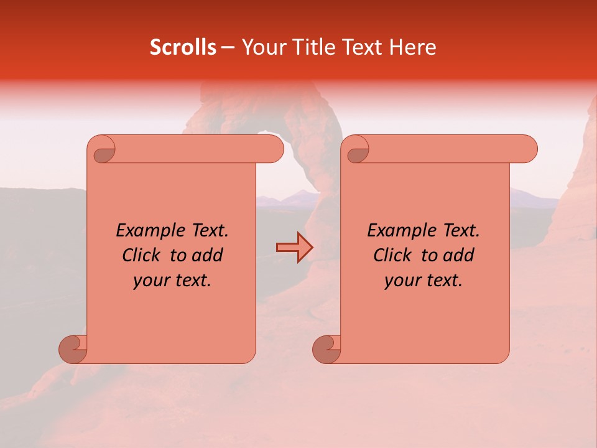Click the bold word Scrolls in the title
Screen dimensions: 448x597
(x=183, y=47)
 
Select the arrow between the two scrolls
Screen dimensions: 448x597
(x=294, y=248)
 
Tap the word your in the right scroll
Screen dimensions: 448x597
(x=401, y=281)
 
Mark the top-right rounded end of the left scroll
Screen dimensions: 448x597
(x=274, y=149)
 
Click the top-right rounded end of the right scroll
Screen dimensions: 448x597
(x=527, y=149)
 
